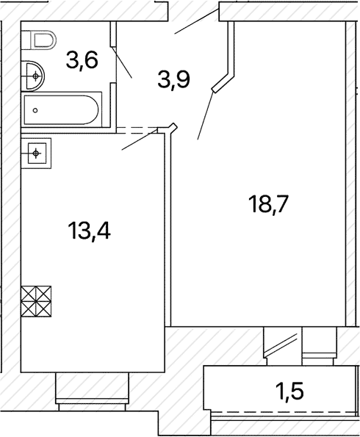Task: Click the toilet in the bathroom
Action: (x=38, y=40)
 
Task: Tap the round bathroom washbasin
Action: (x=32, y=76)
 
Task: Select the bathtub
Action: (x=62, y=110)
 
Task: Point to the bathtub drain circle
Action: (x=35, y=110)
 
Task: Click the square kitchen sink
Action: (x=36, y=153)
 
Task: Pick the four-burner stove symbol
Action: (x=36, y=301)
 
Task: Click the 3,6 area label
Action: (x=82, y=62)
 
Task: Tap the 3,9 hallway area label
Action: (x=173, y=80)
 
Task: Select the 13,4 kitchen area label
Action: (x=89, y=231)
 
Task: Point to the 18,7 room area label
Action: (x=268, y=205)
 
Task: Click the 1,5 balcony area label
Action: (x=290, y=391)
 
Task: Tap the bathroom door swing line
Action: (x=121, y=62)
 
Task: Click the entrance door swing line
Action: (x=196, y=21)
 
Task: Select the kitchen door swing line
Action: (x=140, y=139)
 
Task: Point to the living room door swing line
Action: (x=206, y=115)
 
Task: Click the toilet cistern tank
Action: (x=26, y=40)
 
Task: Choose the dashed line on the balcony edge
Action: (x=284, y=411)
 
